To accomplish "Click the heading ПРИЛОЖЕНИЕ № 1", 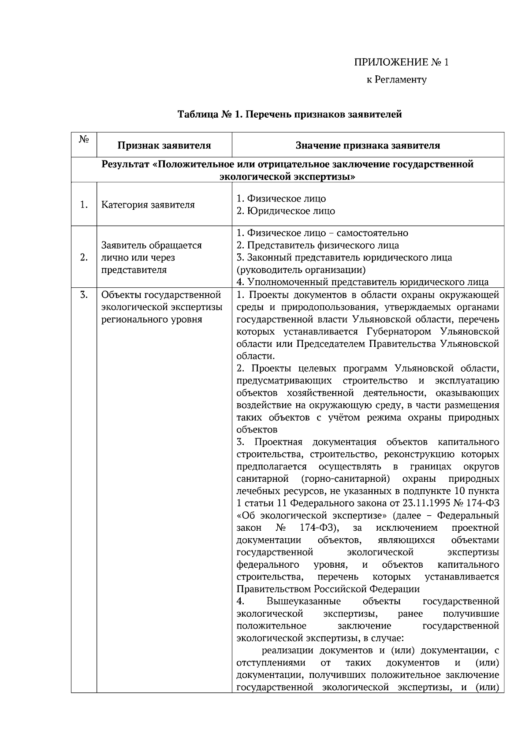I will pyautogui.click(x=401, y=62).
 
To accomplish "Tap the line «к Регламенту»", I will pyautogui.click(x=396, y=80).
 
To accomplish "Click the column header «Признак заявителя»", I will pyautogui.click(x=164, y=145).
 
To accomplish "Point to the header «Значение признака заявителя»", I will pyautogui.click(x=368, y=145).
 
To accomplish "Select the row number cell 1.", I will pyautogui.click(x=84, y=205).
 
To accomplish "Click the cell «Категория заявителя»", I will pyautogui.click(x=148, y=205).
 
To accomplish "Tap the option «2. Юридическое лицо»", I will pyautogui.click(x=286, y=211).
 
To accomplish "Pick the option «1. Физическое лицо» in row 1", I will pyautogui.click(x=281, y=199).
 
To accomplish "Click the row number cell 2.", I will pyautogui.click(x=84, y=257).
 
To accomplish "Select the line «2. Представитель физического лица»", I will pyautogui.click(x=317, y=246).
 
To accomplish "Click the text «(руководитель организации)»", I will pyautogui.click(x=301, y=270).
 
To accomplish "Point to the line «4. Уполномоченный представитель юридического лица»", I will pyautogui.click(x=362, y=282).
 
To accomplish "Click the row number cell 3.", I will pyautogui.click(x=84, y=295).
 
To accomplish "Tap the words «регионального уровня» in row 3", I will pyautogui.click(x=152, y=319).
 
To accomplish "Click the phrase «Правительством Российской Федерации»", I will pyautogui.click(x=328, y=589).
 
